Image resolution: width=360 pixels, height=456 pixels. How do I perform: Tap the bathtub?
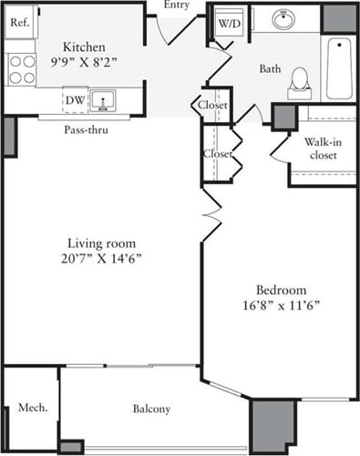339,67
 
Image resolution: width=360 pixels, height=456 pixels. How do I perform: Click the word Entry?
179,5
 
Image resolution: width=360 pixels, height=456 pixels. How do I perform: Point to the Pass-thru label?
83,129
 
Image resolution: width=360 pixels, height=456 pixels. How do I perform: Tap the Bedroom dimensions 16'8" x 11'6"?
281,304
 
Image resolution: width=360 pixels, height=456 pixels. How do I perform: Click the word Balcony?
151,409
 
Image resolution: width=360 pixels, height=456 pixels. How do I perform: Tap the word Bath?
270,69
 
